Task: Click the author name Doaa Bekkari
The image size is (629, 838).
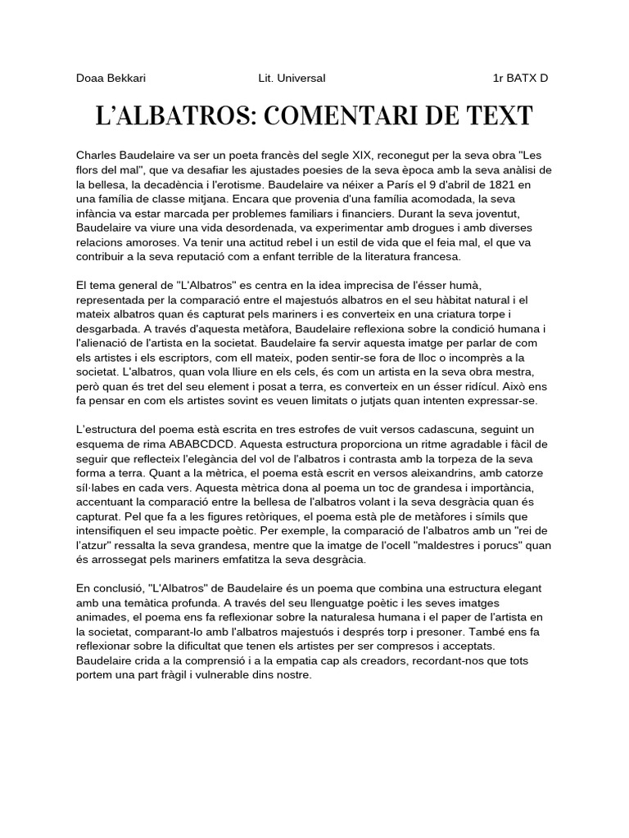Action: click(x=111, y=79)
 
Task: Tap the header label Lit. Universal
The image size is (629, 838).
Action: click(x=292, y=79)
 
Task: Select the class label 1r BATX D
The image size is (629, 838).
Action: click(x=520, y=79)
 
